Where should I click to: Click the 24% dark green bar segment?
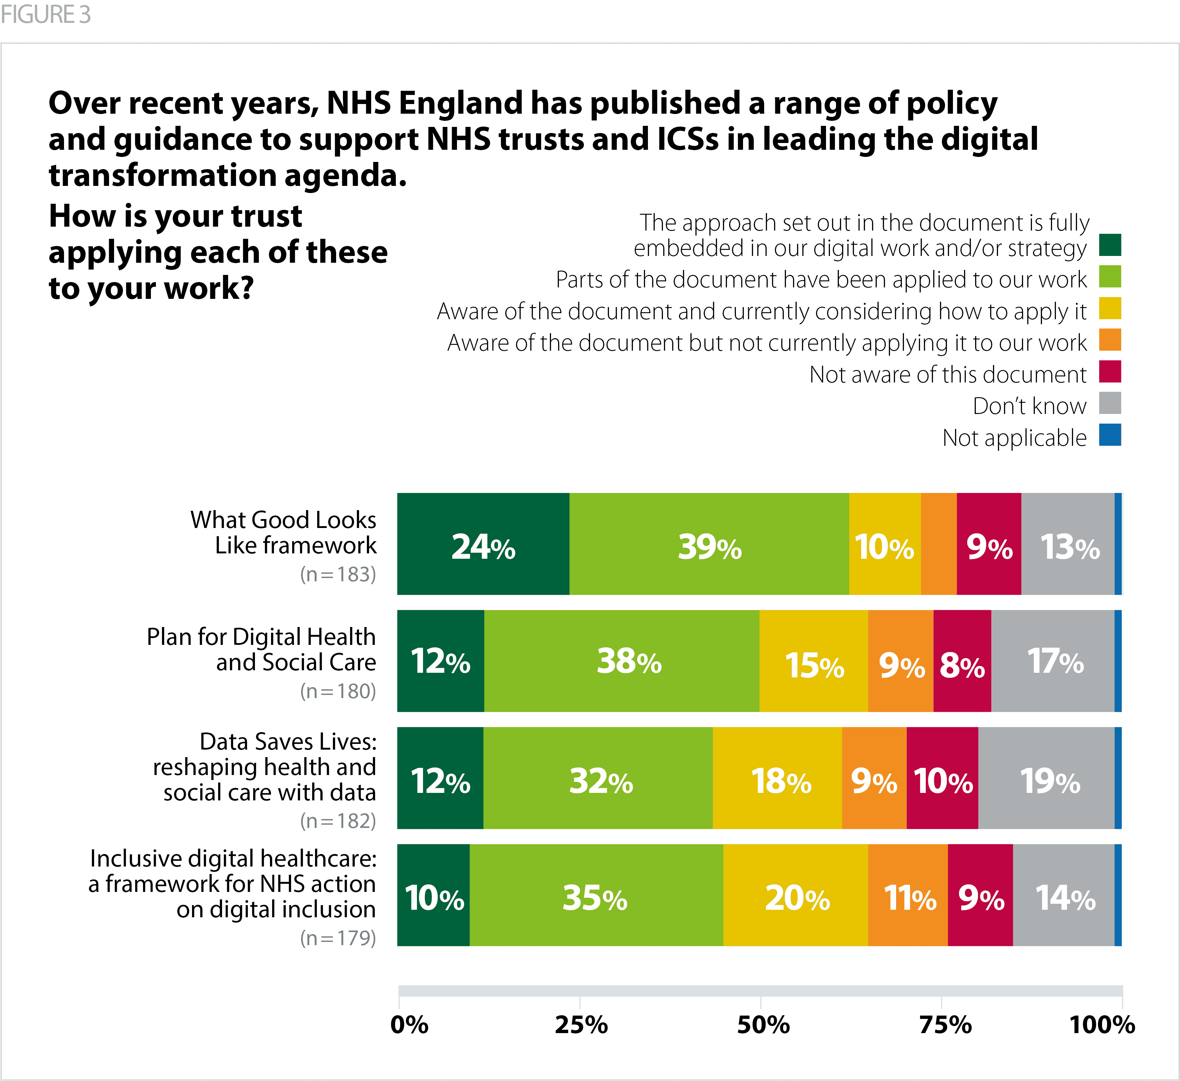[483, 544]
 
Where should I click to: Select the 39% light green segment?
[709, 544]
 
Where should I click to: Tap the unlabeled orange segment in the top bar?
[938, 544]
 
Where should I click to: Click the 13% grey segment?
[1068, 544]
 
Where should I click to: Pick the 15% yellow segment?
[813, 661]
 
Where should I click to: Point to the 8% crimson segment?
[962, 661]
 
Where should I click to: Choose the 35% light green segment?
[596, 895]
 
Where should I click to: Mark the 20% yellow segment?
[796, 895]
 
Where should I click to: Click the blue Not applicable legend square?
[1110, 435]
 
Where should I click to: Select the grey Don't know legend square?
[1110, 403]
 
